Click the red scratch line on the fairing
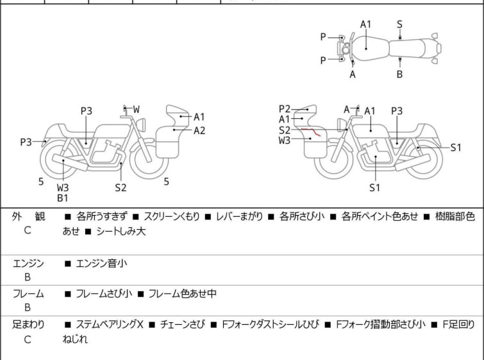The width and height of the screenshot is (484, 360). click(x=311, y=132)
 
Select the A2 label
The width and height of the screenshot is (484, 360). click(x=199, y=131)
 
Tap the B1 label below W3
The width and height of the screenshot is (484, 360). click(x=62, y=198)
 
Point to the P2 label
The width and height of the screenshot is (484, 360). click(x=284, y=109)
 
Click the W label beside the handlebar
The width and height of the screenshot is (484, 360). click(x=136, y=109)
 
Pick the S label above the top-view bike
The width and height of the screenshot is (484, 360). click(x=399, y=24)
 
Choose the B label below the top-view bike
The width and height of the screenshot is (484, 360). click(x=399, y=74)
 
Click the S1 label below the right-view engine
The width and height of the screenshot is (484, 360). click(x=375, y=187)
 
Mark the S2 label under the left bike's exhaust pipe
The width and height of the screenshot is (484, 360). click(x=121, y=187)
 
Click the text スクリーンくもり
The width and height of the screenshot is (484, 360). click(x=172, y=216)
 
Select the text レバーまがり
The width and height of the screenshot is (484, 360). click(x=240, y=216)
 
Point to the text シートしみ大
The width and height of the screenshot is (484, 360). click(x=121, y=232)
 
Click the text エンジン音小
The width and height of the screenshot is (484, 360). click(x=101, y=264)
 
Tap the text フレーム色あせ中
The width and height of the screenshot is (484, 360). click(x=183, y=293)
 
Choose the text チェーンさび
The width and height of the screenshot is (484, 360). click(x=183, y=325)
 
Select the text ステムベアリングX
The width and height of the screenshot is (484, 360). click(x=110, y=325)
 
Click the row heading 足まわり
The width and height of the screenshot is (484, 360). click(x=28, y=325)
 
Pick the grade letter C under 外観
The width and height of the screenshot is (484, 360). click(x=28, y=230)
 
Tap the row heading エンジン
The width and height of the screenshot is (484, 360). click(x=28, y=264)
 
